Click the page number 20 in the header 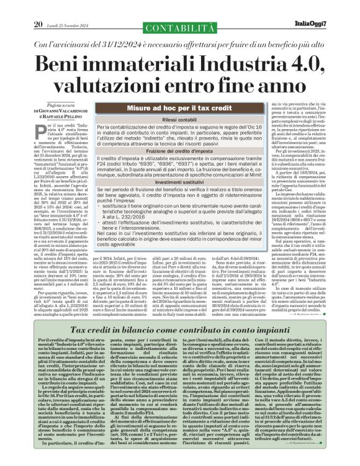38,7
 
